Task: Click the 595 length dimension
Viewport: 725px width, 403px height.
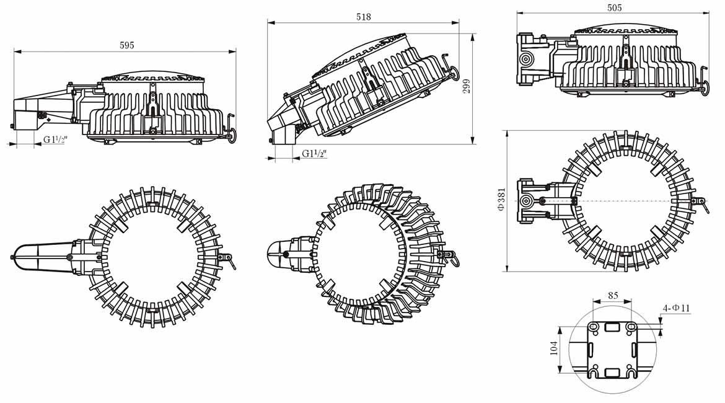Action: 126,45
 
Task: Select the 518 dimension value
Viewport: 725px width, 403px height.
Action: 364,17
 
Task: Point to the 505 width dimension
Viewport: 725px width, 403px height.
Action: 615,8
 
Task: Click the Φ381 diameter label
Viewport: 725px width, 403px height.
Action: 501,200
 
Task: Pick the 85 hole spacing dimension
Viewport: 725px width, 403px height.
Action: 613,296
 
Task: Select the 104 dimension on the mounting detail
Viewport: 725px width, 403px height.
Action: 553,348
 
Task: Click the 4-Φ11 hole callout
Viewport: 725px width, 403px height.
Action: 677,308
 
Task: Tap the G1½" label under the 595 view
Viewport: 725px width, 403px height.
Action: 55,139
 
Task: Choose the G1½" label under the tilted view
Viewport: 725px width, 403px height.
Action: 314,154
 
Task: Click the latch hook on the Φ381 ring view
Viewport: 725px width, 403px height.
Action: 703,203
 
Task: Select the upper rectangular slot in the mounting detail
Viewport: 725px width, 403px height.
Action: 612,326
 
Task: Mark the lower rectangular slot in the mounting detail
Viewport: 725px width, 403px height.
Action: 612,371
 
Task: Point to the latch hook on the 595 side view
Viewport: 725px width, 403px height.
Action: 231,127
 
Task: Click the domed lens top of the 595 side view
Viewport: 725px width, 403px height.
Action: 153,74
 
